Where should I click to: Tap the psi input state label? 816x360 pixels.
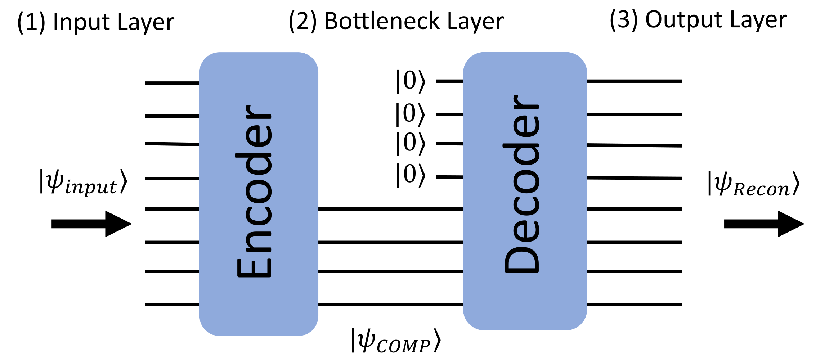83,182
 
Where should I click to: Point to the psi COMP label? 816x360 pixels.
396,340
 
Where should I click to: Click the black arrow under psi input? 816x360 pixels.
91,224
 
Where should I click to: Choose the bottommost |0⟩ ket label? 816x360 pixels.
411,175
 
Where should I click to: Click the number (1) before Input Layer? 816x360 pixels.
31,22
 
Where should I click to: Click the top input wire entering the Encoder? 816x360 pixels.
172,83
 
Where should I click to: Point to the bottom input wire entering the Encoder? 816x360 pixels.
172,305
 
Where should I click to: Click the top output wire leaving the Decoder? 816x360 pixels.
634,81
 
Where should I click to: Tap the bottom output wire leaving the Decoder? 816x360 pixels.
634,305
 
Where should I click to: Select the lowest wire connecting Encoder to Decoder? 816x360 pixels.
390,305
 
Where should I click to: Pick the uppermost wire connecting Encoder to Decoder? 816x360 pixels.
390,209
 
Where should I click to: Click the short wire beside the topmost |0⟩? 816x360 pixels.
449,81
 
